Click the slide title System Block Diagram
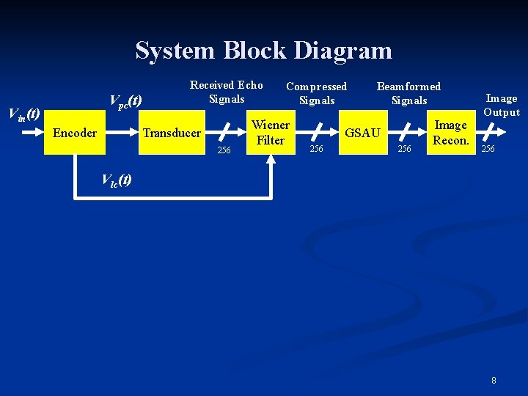pos(263,51)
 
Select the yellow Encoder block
pos(75,133)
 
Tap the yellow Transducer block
pos(172,133)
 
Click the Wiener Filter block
pos(271,133)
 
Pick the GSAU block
pos(362,133)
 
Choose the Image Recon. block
pos(451,133)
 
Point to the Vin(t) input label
pos(23,114)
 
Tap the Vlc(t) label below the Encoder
pos(116,180)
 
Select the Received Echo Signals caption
pos(226,92)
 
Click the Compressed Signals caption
pos(316,93)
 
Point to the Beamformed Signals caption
pos(408,93)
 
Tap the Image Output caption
pos(502,105)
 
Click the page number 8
pos(494,380)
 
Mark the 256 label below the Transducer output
pos(224,150)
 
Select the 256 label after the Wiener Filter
pos(316,149)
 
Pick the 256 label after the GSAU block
pos(404,149)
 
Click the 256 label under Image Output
pos(488,149)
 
